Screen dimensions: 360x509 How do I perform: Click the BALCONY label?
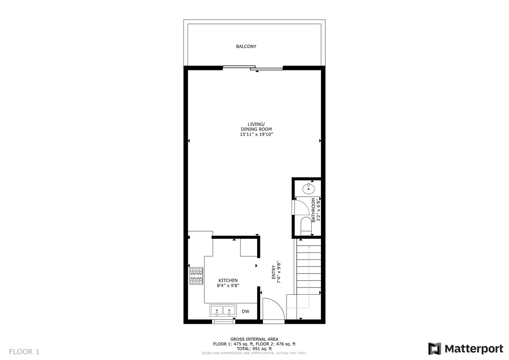246,46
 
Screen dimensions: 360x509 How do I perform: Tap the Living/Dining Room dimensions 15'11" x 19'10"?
256,134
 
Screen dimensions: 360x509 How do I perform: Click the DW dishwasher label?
245,311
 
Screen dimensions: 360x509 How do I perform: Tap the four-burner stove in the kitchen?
196,276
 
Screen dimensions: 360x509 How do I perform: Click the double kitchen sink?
223,311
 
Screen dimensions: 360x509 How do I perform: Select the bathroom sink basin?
308,188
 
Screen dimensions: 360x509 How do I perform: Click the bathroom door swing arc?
304,207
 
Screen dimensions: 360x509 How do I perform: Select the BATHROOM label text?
313,210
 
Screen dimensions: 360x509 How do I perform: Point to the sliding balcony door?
253,67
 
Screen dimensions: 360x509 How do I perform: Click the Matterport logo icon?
434,348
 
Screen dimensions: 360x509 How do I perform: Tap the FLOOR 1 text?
24,352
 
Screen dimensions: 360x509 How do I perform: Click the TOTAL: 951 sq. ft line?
254,348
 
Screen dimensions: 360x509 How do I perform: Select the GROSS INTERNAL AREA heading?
254,339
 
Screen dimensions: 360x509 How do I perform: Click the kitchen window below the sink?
223,322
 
